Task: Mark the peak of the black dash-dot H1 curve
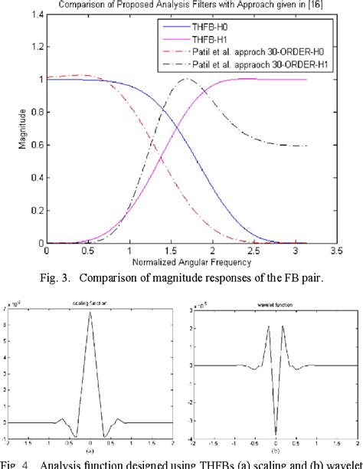pos(185,79)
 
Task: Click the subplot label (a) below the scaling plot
pos(90,451)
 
